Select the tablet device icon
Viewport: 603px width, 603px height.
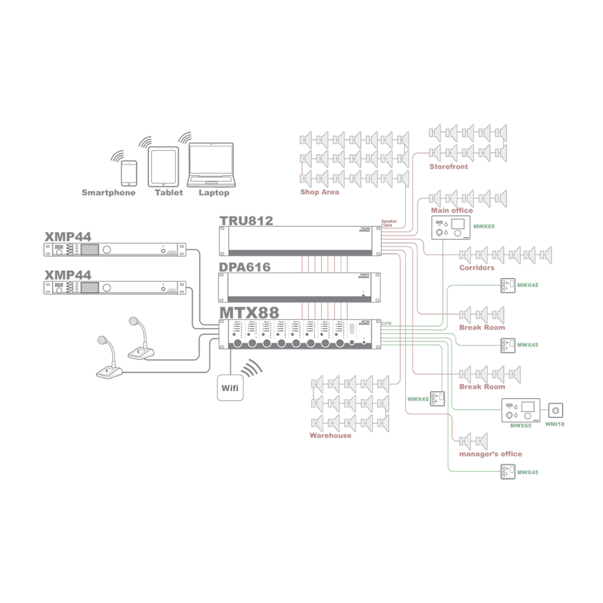[x=163, y=166]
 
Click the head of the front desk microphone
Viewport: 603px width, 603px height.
[x=101, y=342]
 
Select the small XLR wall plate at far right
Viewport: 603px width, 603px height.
[x=555, y=410]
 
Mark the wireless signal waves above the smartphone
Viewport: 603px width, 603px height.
[x=118, y=154]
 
